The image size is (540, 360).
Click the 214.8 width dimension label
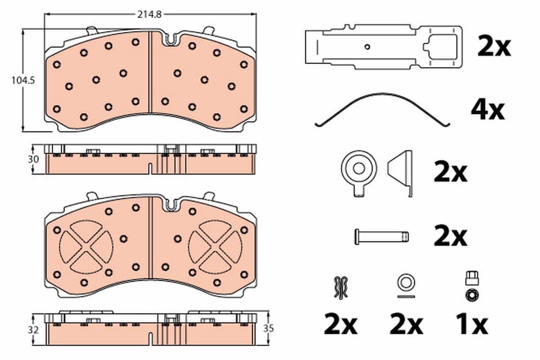149,15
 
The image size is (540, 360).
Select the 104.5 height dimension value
23,80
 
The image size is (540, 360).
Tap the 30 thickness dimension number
33,159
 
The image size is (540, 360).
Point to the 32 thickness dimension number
33,329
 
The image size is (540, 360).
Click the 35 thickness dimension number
269,328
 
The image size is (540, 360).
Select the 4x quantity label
488,111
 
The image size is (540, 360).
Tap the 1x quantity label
472,324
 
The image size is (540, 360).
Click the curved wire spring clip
382,110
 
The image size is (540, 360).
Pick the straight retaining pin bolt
382,237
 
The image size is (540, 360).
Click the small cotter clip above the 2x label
341,288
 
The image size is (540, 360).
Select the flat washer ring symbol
406,283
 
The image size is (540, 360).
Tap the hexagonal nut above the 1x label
472,295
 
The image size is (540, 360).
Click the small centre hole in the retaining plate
367,47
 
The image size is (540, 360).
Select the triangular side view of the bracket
400,174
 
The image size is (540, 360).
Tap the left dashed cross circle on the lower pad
86,247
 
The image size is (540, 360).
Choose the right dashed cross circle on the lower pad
215,247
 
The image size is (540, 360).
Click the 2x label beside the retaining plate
494,46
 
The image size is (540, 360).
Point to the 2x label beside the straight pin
450,236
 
